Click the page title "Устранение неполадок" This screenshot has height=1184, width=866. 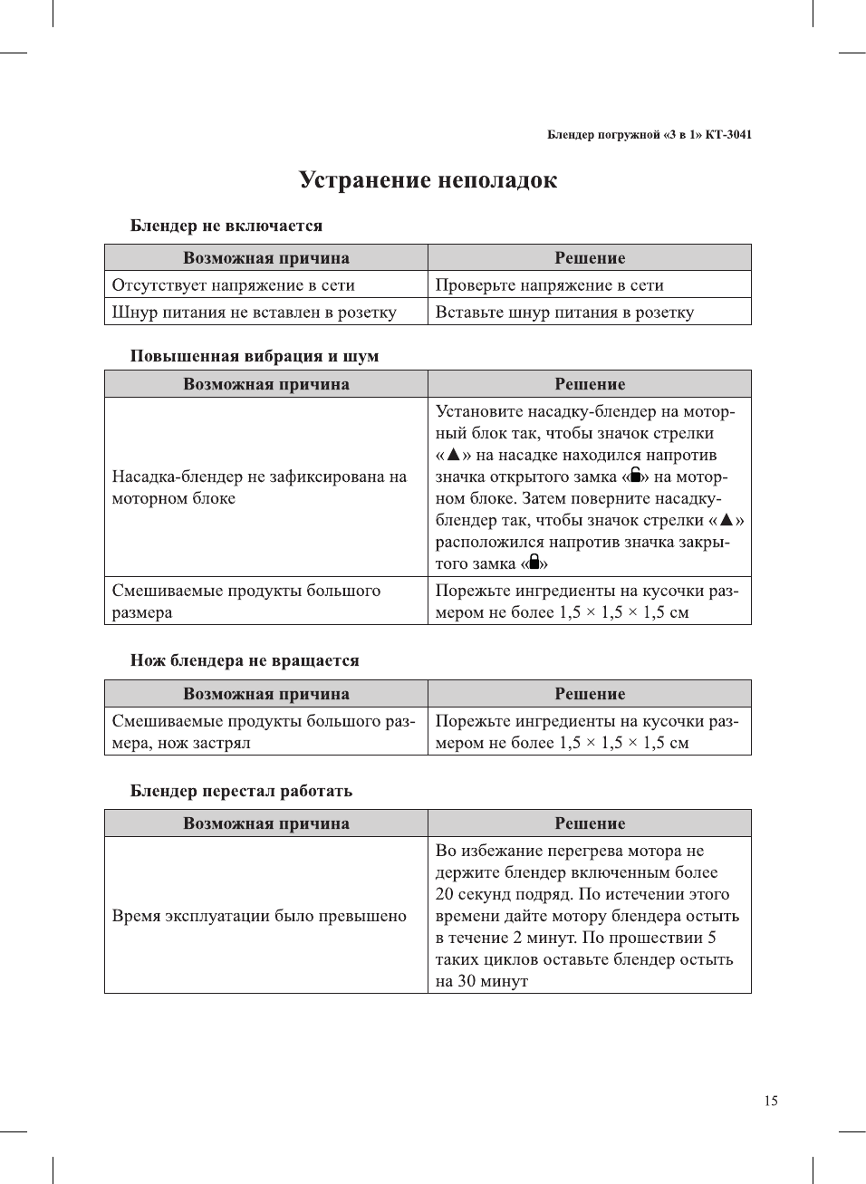tap(428, 180)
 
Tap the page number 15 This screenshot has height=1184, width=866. tap(770, 1101)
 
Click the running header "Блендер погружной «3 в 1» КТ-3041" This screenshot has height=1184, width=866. tap(649, 135)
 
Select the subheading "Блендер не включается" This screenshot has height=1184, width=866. tap(226, 226)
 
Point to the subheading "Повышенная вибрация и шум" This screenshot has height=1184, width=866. tap(254, 356)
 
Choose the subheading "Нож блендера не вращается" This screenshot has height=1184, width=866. tap(245, 660)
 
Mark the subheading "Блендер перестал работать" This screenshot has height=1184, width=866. tap(241, 791)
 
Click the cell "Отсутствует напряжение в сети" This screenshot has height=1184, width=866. tap(233, 285)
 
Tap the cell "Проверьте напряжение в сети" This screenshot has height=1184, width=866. tap(549, 285)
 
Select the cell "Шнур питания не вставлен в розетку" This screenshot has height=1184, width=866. tap(254, 313)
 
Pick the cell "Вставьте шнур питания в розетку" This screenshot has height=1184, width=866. tap(564, 313)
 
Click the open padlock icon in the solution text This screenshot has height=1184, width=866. tap(635, 475)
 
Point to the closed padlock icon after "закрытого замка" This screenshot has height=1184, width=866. tap(534, 562)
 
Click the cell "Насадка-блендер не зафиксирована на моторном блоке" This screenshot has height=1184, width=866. tap(259, 487)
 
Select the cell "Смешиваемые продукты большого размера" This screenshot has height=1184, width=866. tap(245, 602)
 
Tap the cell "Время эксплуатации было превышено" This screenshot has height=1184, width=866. tap(259, 916)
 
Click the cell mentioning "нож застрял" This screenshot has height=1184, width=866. tap(263, 732)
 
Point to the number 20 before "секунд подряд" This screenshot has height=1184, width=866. tap(444, 894)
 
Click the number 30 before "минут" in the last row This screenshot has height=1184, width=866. tap(467, 981)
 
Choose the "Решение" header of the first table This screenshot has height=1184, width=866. tap(590, 258)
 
